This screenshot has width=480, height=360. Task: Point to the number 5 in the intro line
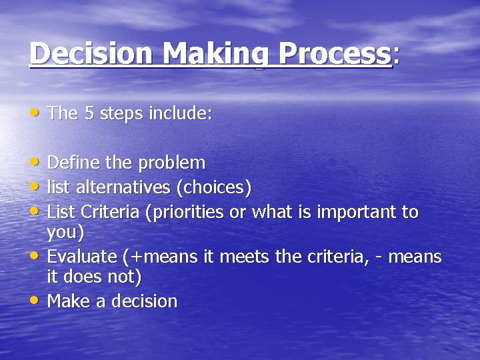click(89, 113)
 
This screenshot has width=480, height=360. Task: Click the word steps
click(123, 114)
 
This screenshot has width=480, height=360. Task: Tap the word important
click(357, 213)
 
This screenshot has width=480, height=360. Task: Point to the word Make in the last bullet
click(69, 301)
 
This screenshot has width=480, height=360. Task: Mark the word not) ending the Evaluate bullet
click(125, 276)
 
